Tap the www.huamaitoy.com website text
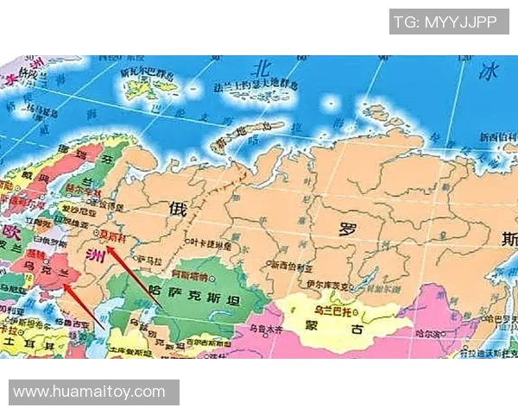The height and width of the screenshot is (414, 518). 90,392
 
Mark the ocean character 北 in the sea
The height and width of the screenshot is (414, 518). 259,67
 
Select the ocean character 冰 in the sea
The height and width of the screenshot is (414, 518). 490,69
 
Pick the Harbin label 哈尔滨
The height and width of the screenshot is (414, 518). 433,331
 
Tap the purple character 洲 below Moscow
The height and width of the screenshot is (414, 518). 98,254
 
